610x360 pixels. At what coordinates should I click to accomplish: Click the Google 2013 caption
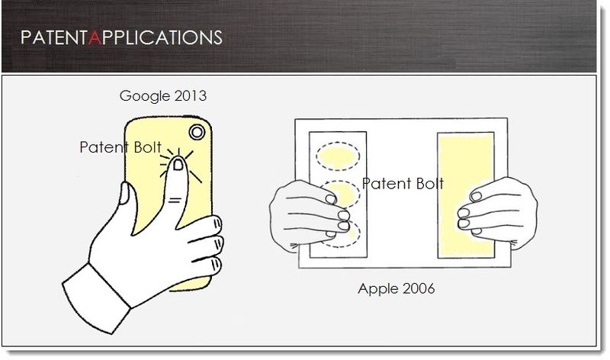pos(162,97)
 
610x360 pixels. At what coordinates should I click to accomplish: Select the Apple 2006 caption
pos(396,290)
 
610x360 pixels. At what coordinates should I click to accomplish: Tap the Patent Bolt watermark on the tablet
pos(403,184)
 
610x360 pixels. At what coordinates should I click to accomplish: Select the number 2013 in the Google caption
pos(189,97)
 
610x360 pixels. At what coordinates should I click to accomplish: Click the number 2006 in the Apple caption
pos(418,290)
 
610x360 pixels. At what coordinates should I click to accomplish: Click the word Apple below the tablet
pos(377,290)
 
